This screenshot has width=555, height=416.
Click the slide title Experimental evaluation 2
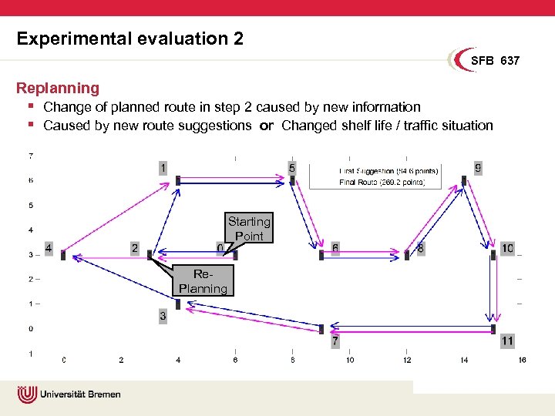129,39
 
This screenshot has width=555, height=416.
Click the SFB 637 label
495,60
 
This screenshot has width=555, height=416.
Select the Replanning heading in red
58,89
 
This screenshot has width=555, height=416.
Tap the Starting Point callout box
248,229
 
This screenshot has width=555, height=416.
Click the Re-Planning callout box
203,281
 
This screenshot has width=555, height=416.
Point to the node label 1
163,167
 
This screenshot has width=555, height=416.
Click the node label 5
291,167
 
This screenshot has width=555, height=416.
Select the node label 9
478,167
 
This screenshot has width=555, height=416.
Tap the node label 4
49,249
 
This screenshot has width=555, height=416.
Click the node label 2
135,249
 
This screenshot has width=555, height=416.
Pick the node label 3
163,316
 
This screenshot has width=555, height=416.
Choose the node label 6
335,249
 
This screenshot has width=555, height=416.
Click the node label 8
420,249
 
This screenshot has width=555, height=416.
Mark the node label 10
506,249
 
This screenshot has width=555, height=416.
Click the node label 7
335,341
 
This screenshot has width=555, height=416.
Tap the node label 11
506,341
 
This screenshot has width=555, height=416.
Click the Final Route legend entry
382,183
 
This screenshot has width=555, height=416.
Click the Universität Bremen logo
69,394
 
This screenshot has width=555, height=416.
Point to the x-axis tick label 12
407,360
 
